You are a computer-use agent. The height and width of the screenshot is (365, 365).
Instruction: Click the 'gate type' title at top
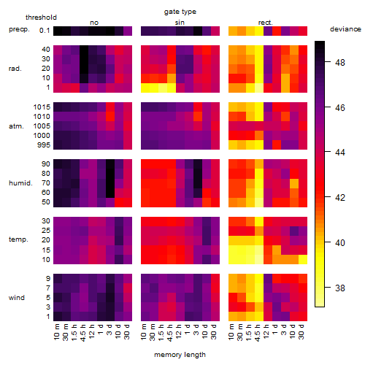pos(180,12)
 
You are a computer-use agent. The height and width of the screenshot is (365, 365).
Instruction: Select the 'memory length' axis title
pos(180,355)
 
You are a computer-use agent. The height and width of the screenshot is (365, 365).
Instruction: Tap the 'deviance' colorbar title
pos(345,29)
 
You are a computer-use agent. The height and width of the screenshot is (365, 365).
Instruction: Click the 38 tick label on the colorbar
pos(340,288)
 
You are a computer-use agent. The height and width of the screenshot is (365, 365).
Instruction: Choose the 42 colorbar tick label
pos(340,197)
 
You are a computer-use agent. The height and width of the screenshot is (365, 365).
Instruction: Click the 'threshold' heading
pos(41,18)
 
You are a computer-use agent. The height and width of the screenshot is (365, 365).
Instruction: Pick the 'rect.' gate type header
pos(266,23)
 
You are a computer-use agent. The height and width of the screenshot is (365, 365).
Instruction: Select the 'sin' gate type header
pos(180,23)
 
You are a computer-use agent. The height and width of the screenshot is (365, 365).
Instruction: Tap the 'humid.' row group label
pos(20,183)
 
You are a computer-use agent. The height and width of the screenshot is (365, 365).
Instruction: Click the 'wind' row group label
pos(17,298)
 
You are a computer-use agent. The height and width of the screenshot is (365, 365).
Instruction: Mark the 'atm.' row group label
pos(16,126)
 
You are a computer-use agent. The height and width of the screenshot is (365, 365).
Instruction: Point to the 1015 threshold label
pos(42,107)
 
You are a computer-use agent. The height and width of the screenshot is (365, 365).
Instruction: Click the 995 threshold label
pos(44,145)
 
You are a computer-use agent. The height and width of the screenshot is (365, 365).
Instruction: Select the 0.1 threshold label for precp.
pos(45,31)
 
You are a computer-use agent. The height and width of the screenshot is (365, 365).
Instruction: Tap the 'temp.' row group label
pos(18,239)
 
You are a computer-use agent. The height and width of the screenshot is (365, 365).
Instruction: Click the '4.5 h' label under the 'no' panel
pos(82,333)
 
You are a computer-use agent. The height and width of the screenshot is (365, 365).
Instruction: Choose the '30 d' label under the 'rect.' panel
pos(301,331)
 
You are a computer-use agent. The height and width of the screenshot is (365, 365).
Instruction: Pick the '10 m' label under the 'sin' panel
pos(144,332)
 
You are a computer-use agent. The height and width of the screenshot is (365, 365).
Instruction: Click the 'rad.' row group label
pos(15,69)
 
